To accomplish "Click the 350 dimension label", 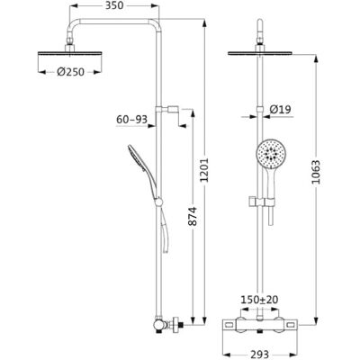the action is pos(114,5).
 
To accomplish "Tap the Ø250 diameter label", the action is pos(70,72).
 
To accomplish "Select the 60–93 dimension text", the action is pos(132,120).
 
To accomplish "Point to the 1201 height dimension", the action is pos(204,170).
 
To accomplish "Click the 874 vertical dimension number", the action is pos(193,216).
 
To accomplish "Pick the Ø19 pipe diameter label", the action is pos(280,110).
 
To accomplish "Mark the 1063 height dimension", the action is pos(316,173).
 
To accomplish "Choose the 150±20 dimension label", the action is pos(260,300).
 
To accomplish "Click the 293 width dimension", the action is pos(260,355).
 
